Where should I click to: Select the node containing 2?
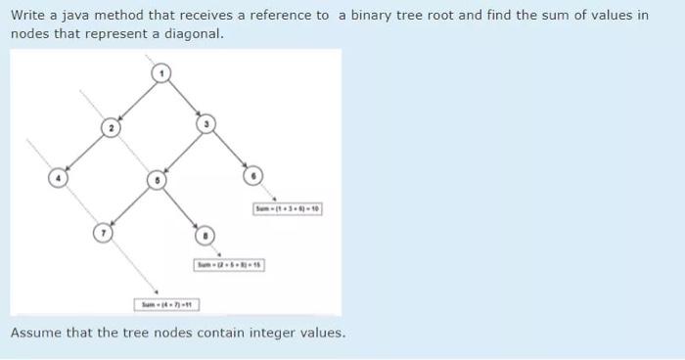point(112,128)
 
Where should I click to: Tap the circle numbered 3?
point(205,124)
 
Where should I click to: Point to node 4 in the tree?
point(58,178)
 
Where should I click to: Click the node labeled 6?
point(252,176)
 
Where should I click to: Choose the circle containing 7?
point(103,233)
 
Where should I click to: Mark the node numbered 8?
point(205,235)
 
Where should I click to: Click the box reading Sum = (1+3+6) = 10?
point(288,209)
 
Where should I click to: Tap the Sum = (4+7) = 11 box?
point(168,305)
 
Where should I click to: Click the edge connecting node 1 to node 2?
point(138,100)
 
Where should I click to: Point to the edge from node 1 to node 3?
point(185,98)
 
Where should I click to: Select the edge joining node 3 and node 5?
point(181,153)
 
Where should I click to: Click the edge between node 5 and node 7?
point(129,206)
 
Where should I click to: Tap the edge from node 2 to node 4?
point(85,153)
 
